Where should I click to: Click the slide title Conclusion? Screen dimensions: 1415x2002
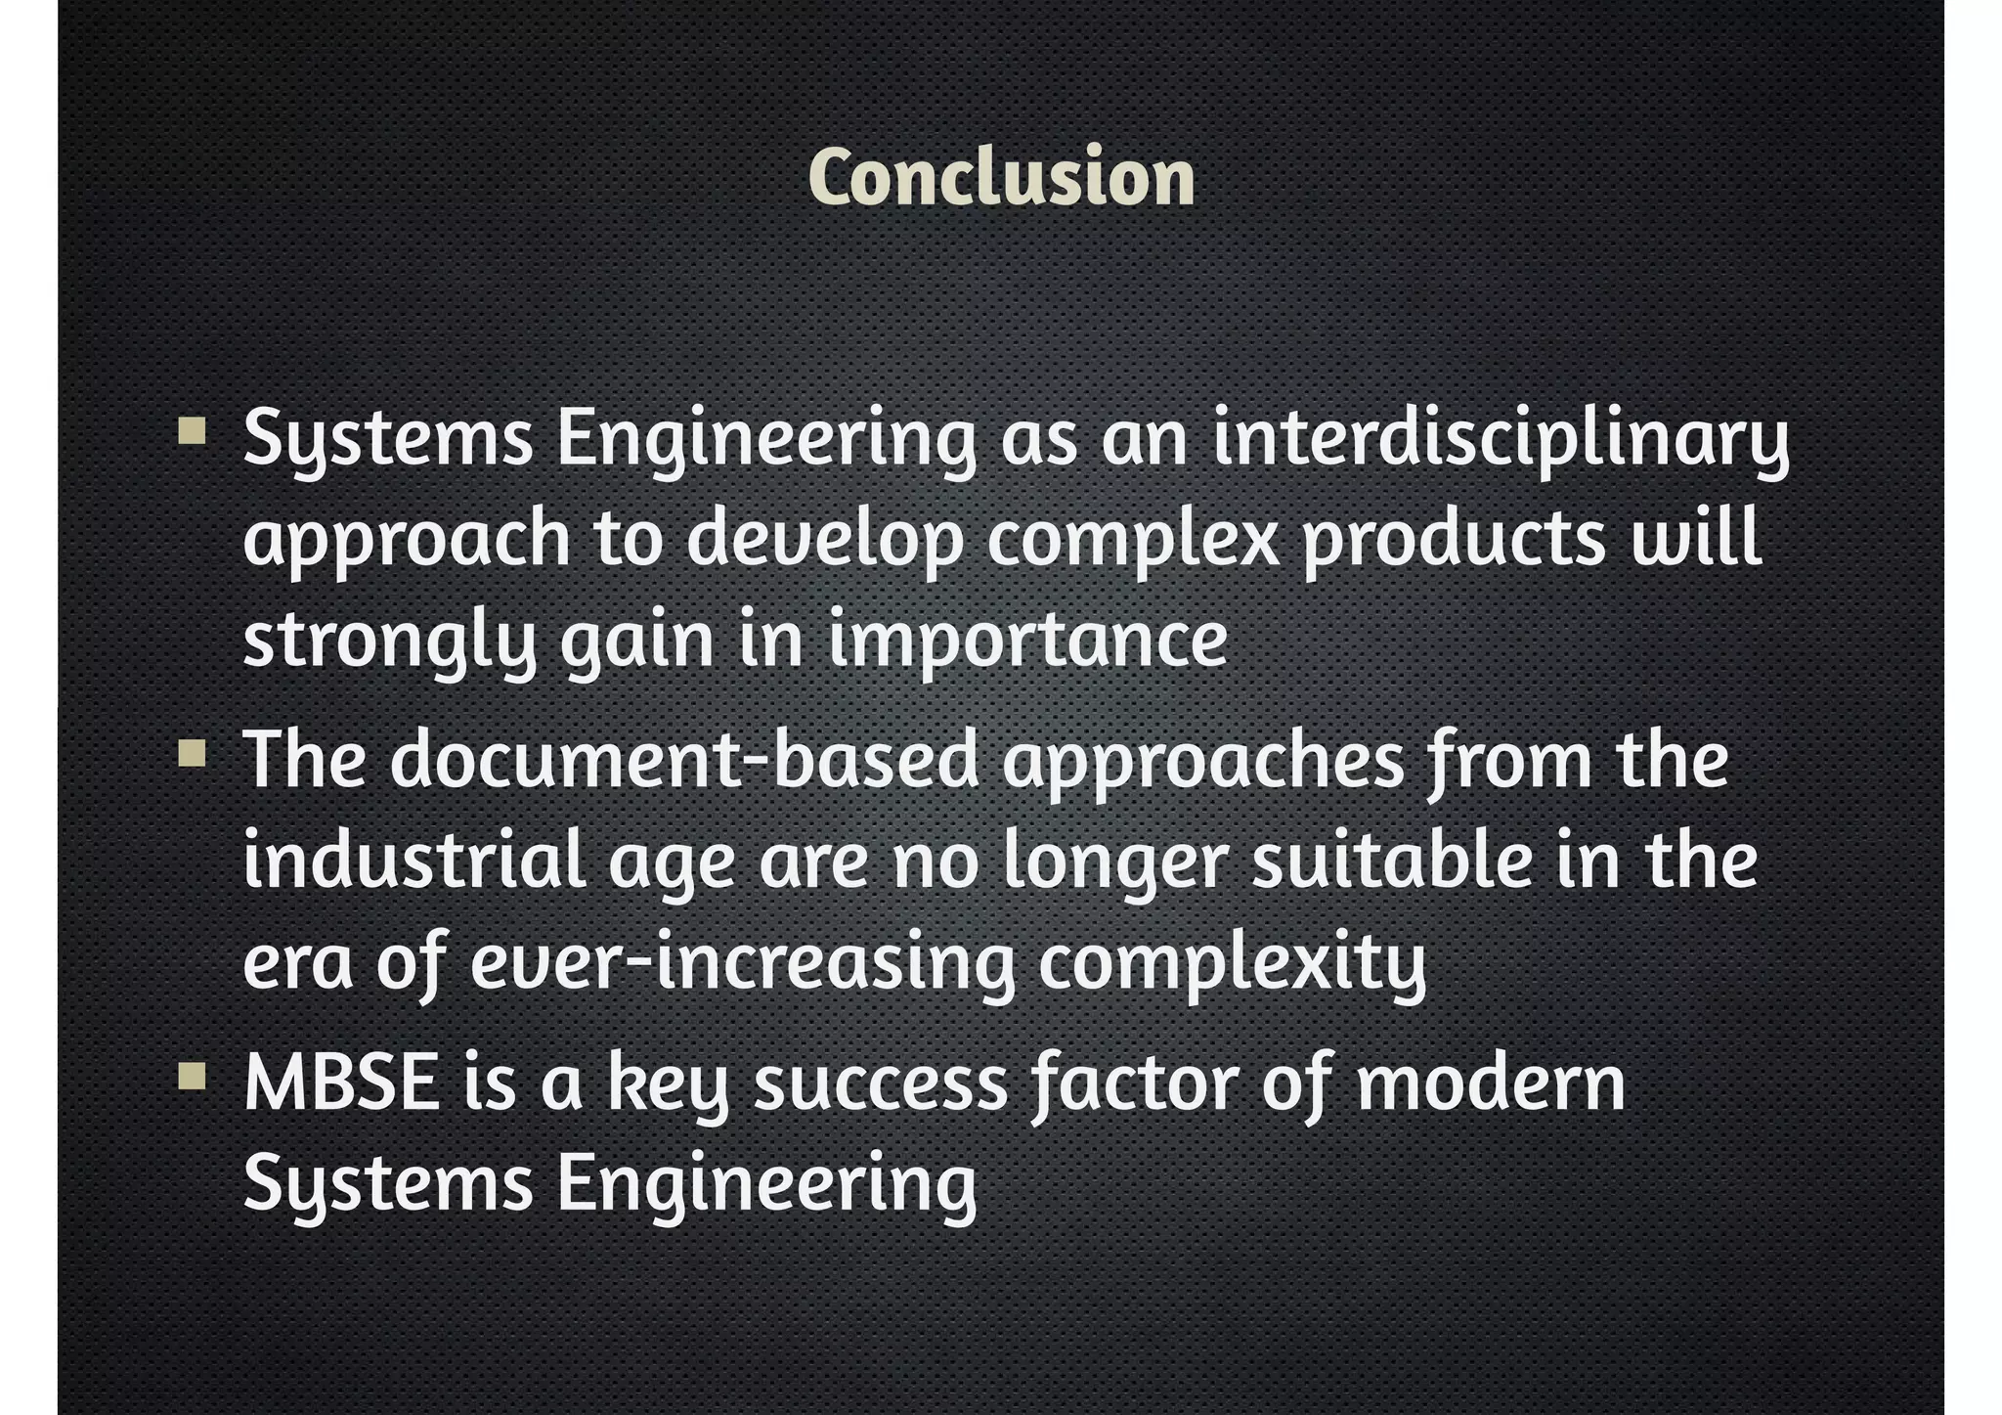[1001, 178]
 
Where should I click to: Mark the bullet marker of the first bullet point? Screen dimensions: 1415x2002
[193, 431]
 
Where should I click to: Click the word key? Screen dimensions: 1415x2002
[668, 1085]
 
